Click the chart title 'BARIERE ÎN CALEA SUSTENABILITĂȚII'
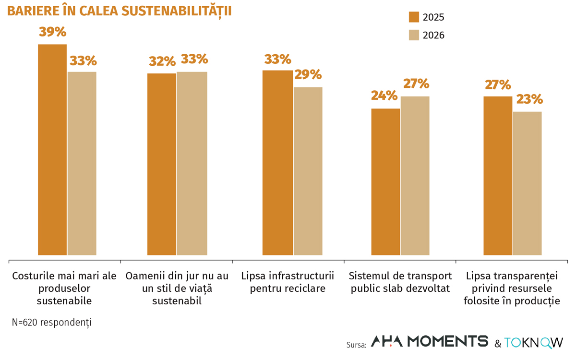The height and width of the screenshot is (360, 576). pyautogui.click(x=119, y=12)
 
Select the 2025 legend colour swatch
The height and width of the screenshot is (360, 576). pyautogui.click(x=414, y=17)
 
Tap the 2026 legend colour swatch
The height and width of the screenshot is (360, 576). pyautogui.click(x=414, y=35)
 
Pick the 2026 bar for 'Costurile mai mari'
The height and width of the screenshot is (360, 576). pyautogui.click(x=82, y=164)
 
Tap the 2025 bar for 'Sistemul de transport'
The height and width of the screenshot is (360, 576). pyautogui.click(x=386, y=182)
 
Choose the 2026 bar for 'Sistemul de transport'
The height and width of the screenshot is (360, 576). pyautogui.click(x=415, y=176)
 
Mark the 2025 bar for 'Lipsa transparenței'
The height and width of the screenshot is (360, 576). pyautogui.click(x=498, y=176)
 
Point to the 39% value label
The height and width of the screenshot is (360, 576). pyautogui.click(x=52, y=32)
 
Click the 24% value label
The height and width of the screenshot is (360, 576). pyautogui.click(x=384, y=96)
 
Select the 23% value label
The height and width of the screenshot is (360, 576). pyautogui.click(x=529, y=99)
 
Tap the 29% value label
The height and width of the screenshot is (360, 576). pyautogui.click(x=308, y=75)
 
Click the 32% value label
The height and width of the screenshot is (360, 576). pyautogui.click(x=162, y=61)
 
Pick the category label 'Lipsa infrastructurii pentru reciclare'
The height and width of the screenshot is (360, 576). pyautogui.click(x=288, y=282)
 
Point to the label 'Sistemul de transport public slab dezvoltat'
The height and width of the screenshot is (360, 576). pyautogui.click(x=400, y=282)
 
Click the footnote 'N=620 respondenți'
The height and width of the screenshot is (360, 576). pyautogui.click(x=51, y=323)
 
